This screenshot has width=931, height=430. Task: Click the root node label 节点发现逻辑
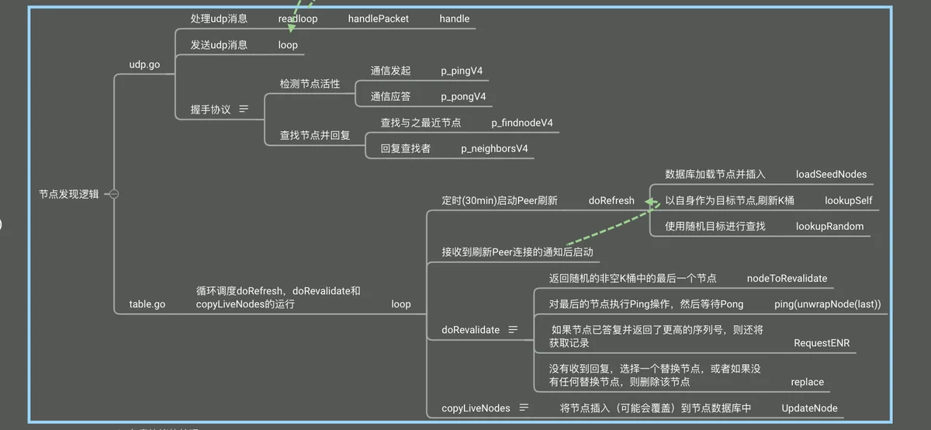point(69,194)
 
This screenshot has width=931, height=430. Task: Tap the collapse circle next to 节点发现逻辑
point(114,194)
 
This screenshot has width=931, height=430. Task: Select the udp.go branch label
point(144,64)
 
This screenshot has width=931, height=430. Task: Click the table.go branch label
point(147,304)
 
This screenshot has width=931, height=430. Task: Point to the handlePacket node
point(379,19)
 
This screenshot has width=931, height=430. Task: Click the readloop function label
point(298,19)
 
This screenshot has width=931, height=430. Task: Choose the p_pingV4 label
point(462,71)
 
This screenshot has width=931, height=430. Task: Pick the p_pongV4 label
point(464,96)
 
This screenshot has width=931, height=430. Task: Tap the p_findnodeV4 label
point(522,123)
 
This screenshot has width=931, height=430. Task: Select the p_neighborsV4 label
point(495,148)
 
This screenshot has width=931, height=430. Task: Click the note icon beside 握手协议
point(244,109)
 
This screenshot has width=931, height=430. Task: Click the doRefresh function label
point(611,200)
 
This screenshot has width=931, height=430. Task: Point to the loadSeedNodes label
point(832,174)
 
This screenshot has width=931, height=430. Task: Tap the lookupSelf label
point(849,200)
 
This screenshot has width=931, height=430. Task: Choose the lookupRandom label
point(829,226)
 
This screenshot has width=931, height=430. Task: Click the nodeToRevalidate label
point(787,278)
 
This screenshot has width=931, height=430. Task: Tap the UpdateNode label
point(809,407)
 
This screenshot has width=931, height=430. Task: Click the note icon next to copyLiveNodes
point(524,407)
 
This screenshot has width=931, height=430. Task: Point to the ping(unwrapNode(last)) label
point(827,303)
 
